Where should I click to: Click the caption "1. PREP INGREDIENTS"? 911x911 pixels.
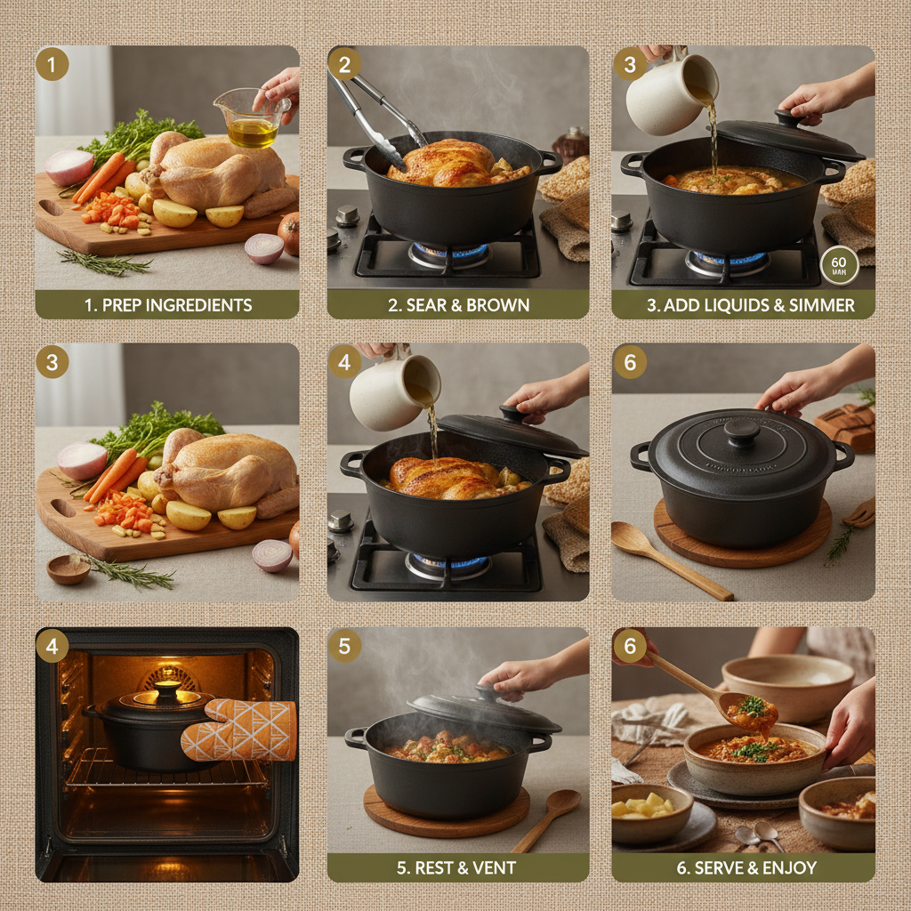pos(167,304)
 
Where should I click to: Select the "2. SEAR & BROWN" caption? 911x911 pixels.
pos(458,304)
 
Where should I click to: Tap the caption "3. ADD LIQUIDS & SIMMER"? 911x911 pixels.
pos(749,304)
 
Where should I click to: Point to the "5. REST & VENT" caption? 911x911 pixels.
pos(458,867)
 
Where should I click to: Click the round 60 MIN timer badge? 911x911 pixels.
pos(839,266)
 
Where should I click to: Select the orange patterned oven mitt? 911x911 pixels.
pos(240,730)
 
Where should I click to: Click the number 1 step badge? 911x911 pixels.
pos(52,65)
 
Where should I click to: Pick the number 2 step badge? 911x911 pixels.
pos(344,65)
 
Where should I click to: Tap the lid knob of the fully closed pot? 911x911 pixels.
pos(741,431)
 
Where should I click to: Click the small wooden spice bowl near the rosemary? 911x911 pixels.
pos(68,568)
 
